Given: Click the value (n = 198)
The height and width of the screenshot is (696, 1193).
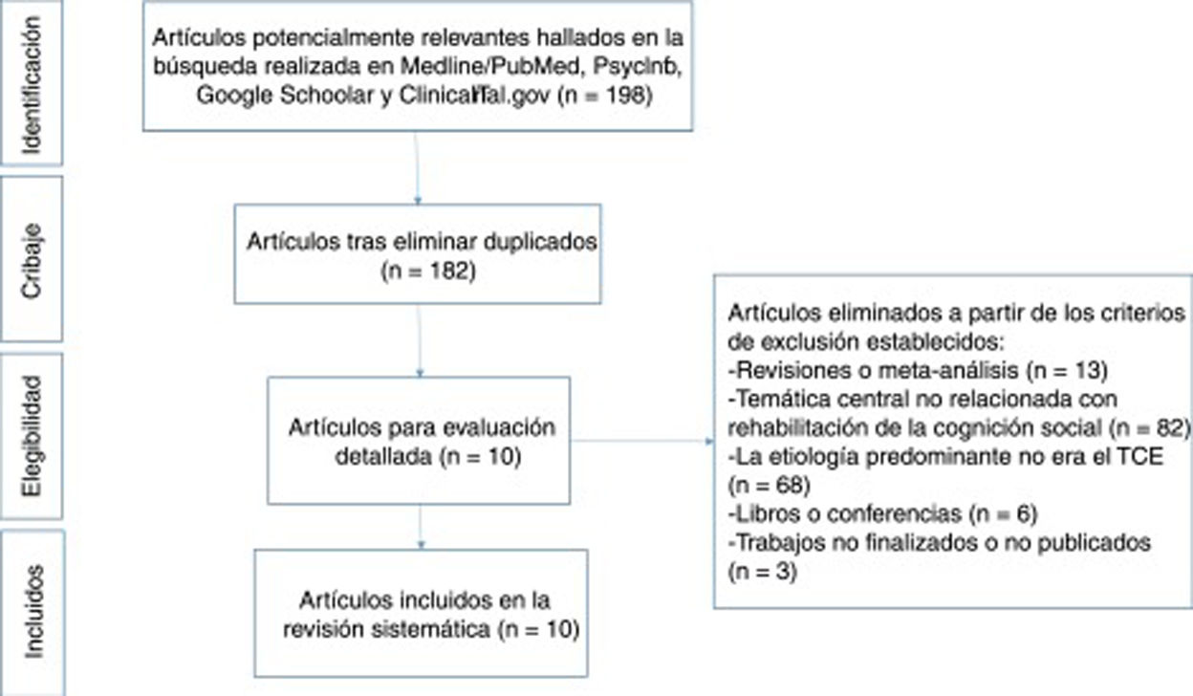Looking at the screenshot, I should (x=605, y=96).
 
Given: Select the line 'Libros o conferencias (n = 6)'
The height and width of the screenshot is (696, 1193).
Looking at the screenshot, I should (x=882, y=513).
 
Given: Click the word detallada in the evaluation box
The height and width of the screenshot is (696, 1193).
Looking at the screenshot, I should (x=378, y=456).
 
